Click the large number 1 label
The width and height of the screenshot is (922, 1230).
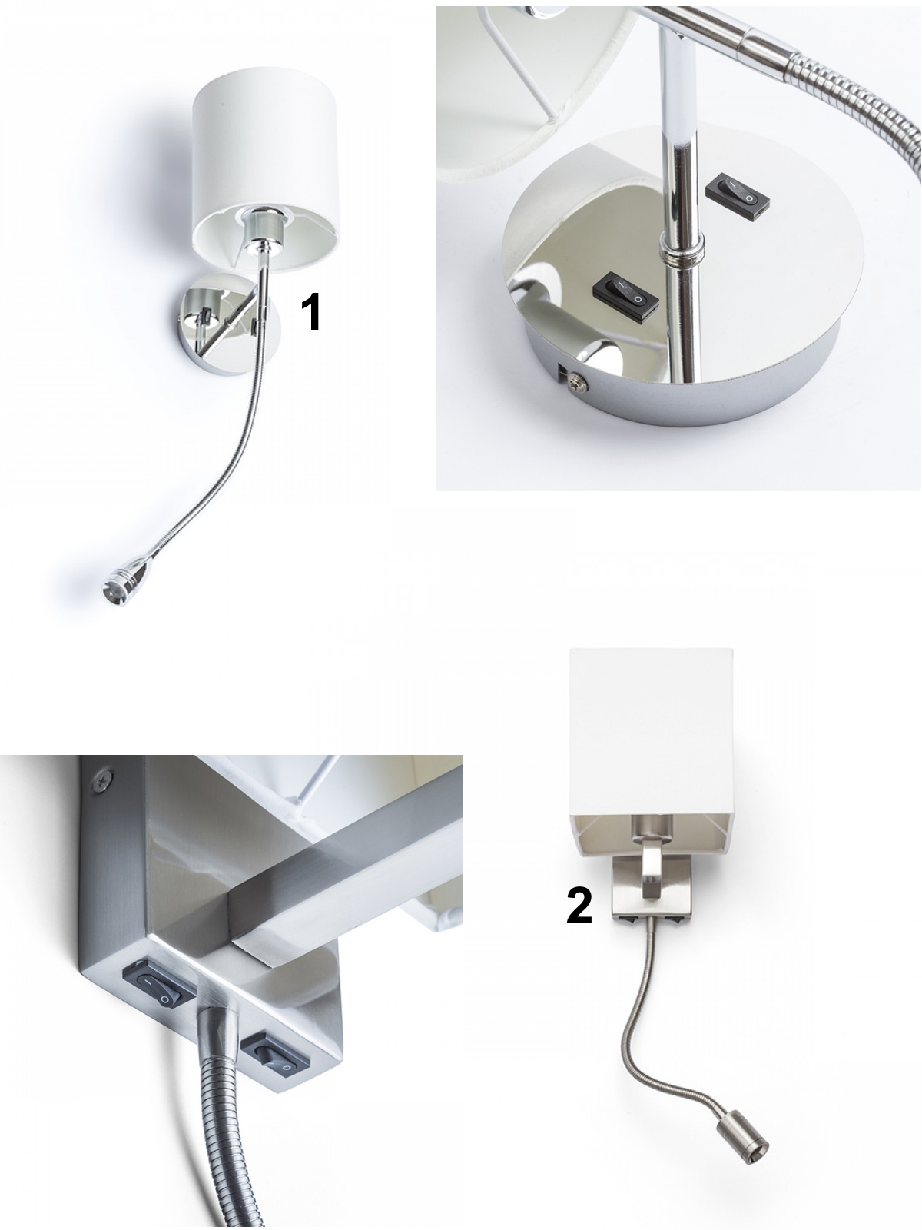click(312, 311)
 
